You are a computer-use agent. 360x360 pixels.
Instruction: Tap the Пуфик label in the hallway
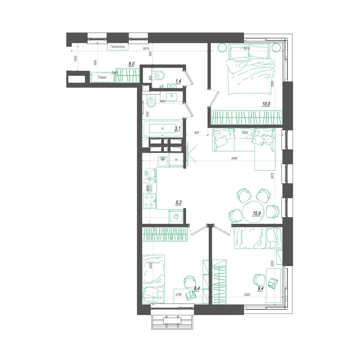102,77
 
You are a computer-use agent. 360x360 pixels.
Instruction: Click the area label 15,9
257,213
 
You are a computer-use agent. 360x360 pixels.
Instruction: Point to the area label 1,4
178,81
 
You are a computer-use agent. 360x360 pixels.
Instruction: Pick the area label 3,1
177,129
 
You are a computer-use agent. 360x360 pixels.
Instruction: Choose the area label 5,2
178,203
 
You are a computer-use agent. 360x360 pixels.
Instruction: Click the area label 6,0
131,64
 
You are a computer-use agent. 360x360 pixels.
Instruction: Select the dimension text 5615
146,49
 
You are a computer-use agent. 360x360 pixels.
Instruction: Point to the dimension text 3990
234,158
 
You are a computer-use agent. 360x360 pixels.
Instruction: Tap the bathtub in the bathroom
162,128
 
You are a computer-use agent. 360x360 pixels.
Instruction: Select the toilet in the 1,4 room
159,75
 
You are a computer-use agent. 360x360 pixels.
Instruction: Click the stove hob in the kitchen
150,200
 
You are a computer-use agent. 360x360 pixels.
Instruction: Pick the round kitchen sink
163,159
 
